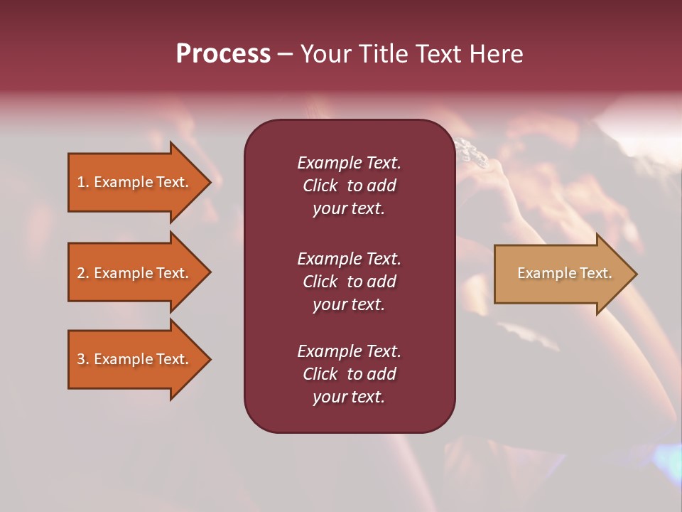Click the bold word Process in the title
click(223, 54)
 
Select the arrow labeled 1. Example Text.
click(133, 182)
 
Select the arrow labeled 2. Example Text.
click(133, 273)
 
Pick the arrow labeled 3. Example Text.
click(133, 359)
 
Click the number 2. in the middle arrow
click(83, 273)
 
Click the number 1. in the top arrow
click(83, 182)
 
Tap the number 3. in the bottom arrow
click(83, 359)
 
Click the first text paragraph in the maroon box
click(349, 186)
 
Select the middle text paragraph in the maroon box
click(349, 282)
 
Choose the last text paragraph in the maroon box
click(349, 374)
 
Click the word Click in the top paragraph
click(320, 186)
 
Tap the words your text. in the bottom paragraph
click(349, 397)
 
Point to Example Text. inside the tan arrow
click(564, 273)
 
